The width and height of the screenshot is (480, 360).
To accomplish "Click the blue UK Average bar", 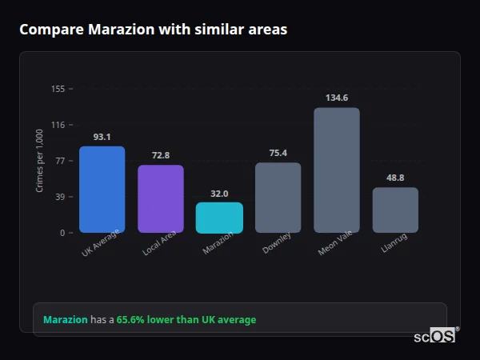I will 102,190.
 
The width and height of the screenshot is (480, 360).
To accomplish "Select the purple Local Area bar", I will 161,199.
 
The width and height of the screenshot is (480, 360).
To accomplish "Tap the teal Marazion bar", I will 219,218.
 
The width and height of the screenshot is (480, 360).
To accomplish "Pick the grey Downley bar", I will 278,198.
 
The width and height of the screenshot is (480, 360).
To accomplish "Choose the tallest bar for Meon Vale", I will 337,170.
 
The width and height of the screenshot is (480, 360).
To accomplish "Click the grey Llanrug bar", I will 395,210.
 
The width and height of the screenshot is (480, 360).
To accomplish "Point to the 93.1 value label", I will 102,137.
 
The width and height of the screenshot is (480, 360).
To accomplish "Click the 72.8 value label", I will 161,155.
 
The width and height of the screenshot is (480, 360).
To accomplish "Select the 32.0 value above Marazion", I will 219,194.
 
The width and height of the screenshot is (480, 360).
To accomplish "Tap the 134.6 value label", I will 337,98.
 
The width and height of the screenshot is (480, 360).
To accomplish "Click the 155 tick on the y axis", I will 58,89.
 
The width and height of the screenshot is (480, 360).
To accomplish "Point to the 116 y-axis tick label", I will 58,125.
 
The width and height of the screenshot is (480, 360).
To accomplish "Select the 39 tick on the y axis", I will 60,197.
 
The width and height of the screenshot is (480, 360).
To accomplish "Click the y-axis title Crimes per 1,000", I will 40,161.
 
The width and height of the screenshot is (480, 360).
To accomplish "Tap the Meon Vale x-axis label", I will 334,245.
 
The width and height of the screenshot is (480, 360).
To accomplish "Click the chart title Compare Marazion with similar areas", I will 153,30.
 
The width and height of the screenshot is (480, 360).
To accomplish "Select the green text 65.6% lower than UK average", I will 186,320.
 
